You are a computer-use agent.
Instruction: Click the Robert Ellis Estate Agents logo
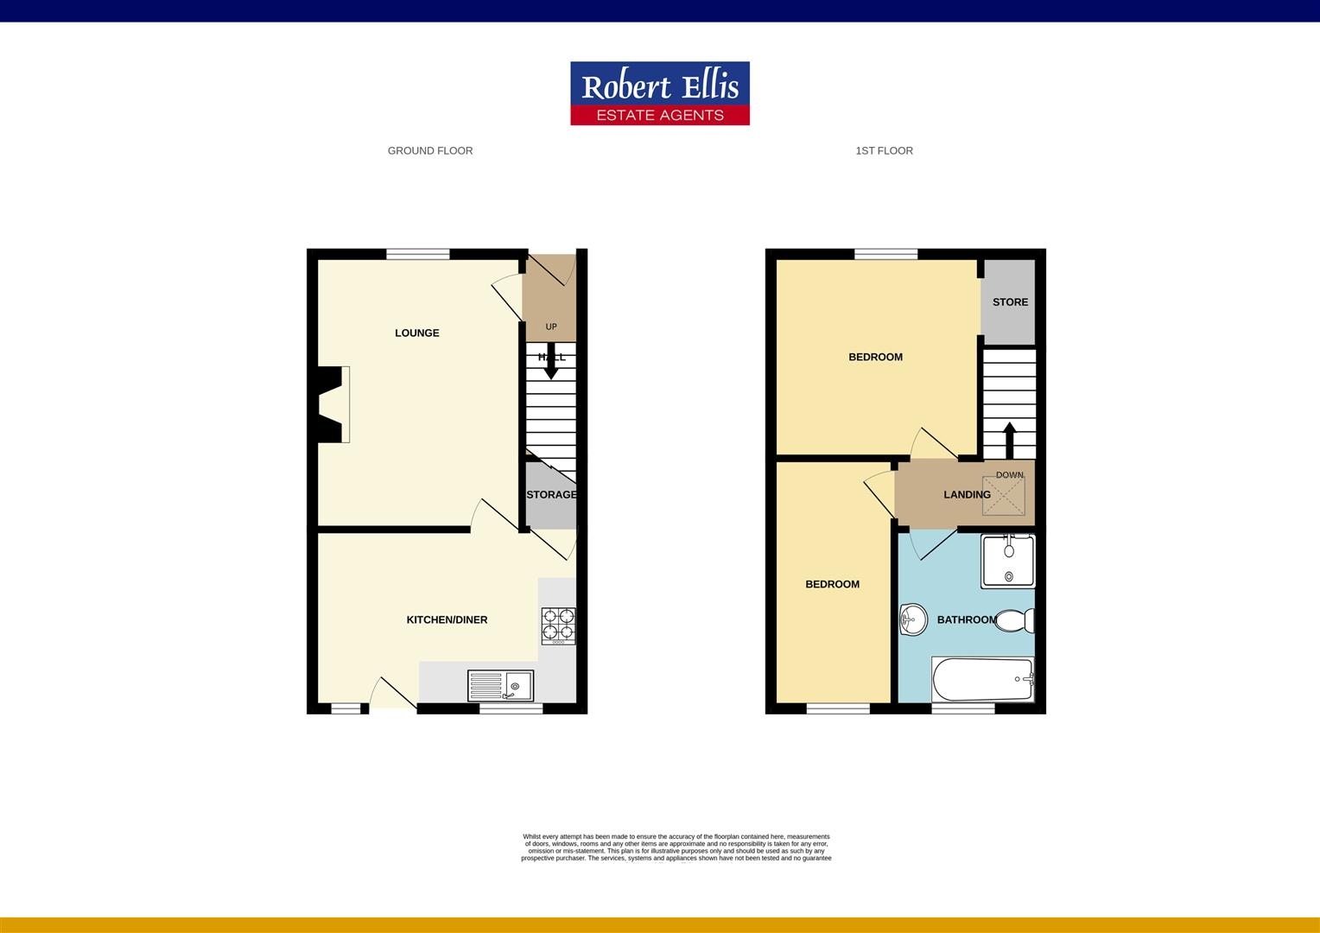click(x=659, y=93)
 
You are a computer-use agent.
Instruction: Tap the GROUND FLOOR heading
click(x=430, y=150)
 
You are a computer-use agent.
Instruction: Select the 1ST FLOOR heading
click(x=884, y=150)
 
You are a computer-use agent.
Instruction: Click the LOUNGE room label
click(x=417, y=333)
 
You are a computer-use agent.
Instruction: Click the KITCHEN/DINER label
click(x=447, y=619)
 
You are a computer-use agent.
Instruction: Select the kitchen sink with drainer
click(x=501, y=686)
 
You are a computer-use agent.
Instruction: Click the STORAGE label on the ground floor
click(x=551, y=495)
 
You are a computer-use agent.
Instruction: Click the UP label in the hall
click(x=551, y=327)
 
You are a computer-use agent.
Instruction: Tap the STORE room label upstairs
click(x=1010, y=302)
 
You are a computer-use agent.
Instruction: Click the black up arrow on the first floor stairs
click(x=1009, y=440)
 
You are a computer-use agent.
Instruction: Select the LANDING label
click(x=967, y=495)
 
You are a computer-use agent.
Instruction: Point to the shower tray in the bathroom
click(x=1008, y=561)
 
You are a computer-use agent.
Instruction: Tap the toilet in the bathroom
click(x=1016, y=620)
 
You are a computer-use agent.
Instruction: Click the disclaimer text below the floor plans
click(x=676, y=847)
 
